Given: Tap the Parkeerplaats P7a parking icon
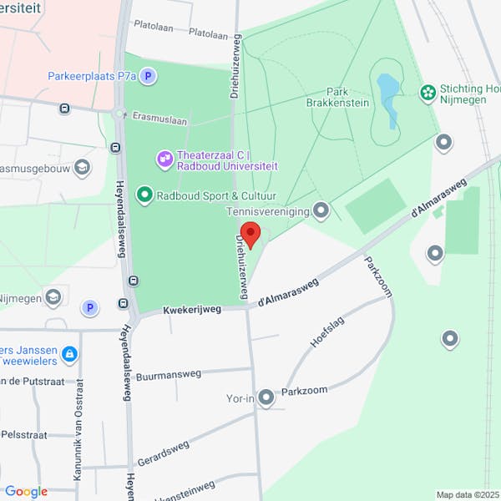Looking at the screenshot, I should click(x=148, y=77).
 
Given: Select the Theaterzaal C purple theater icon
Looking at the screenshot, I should click(x=164, y=157).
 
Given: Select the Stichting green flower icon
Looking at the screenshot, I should click(x=428, y=91).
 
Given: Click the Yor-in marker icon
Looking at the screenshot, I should click(x=266, y=397).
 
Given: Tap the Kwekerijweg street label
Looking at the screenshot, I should click(x=193, y=309).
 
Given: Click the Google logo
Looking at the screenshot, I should click(x=26, y=492).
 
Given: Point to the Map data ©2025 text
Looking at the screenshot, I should click(x=466, y=494).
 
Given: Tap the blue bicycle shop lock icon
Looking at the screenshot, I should click(x=69, y=355).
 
